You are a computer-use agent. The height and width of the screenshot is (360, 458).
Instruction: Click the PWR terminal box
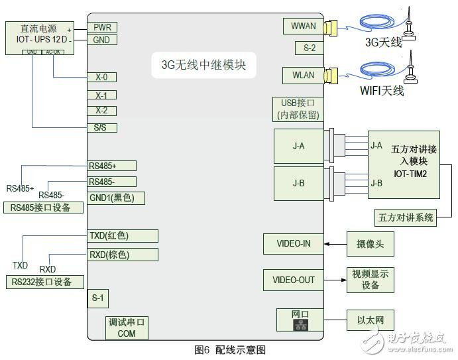click(103, 27)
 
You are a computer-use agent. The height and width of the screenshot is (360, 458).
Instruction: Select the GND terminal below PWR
click(103, 40)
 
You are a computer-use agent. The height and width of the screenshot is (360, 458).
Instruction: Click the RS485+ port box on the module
click(111, 166)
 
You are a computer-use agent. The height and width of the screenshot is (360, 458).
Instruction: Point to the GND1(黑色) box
click(116, 198)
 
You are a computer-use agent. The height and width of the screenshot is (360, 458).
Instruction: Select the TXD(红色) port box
click(123, 235)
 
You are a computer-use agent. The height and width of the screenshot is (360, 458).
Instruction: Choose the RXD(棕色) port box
click(123, 255)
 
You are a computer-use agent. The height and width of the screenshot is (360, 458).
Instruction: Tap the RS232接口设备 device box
click(46, 282)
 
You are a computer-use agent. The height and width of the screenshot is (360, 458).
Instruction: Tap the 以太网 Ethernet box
click(369, 320)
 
